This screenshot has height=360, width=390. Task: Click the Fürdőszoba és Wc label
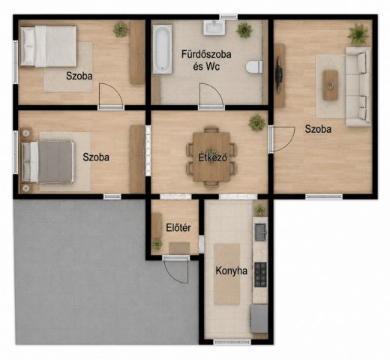206,61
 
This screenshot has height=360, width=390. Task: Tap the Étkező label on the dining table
213,157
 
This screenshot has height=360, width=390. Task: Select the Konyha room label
231,271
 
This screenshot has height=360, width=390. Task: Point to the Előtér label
178,228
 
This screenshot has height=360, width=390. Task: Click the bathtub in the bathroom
162,49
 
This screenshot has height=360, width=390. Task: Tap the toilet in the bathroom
254,67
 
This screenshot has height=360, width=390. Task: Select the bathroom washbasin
214,28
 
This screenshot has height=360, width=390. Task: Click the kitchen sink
260,232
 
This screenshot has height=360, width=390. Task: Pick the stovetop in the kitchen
260,274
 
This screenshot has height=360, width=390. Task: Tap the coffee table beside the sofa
330,85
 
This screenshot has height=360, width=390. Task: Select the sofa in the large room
358,87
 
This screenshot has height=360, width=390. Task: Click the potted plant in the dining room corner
256,122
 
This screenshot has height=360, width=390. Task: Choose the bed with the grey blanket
47,161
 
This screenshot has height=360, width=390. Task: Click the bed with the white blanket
49,46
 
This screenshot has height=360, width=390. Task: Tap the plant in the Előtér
157,244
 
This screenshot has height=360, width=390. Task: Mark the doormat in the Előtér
179,248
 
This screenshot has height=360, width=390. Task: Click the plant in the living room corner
358,34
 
